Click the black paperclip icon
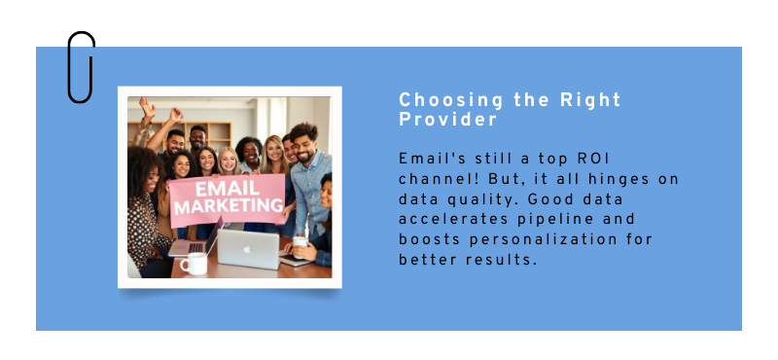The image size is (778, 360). [81, 66]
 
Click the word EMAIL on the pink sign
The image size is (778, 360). [225, 190]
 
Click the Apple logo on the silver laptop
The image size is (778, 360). [247, 249]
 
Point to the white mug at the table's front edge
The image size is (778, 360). [194, 263]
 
